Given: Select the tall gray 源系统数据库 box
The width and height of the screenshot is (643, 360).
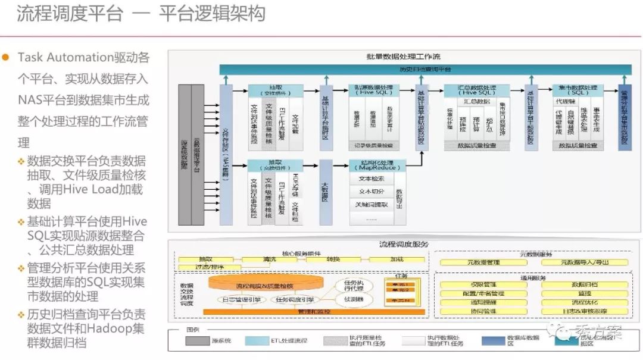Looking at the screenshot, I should coord(185,155).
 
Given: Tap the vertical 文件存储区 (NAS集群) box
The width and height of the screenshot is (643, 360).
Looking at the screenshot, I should coord(226,155).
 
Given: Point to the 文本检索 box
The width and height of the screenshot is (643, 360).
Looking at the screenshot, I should coord(372,179).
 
